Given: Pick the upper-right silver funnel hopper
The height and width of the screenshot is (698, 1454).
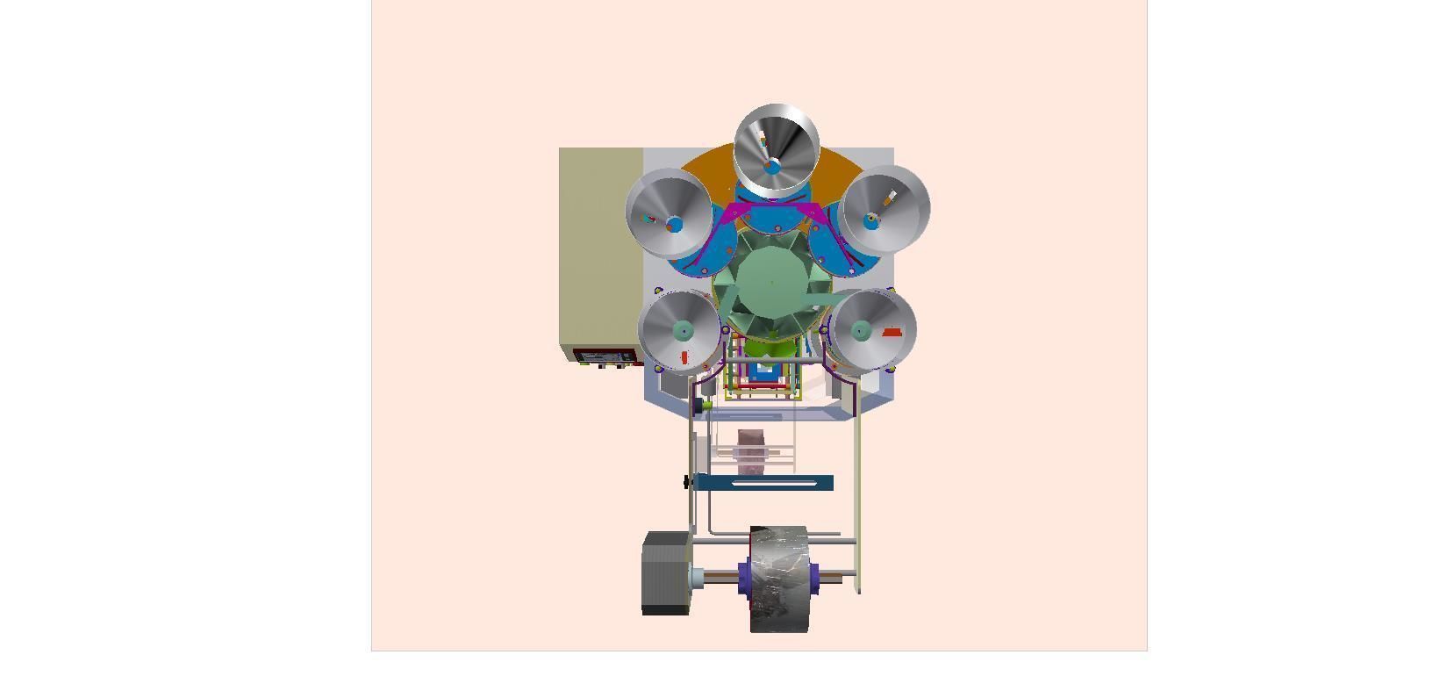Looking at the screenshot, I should (x=885, y=209).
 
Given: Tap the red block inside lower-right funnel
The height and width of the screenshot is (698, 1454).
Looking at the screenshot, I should (x=892, y=332).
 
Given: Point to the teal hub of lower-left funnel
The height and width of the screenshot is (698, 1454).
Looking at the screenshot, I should (x=684, y=330).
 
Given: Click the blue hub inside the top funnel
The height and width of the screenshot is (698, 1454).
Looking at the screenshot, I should (x=772, y=166).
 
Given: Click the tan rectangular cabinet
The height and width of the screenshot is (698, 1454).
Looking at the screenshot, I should (x=601, y=246).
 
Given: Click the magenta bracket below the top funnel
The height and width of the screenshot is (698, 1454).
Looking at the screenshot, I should (x=777, y=213).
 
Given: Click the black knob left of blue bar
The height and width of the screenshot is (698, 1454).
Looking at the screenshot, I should (x=686, y=481).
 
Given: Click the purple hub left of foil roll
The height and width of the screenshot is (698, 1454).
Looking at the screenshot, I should (x=745, y=578).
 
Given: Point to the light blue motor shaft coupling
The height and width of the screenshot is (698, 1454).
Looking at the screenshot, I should (x=697, y=578).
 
